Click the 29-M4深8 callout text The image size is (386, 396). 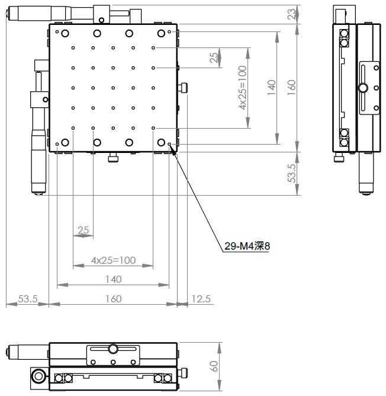click(247, 246)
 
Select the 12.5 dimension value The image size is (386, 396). click(201, 299)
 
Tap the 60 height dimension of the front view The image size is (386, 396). click(214, 366)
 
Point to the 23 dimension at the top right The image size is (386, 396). click(291, 14)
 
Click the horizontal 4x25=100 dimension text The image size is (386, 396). click(113, 260)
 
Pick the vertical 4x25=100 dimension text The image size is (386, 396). click(242, 88)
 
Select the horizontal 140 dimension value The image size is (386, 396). click(113, 279)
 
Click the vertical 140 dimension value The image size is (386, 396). click(272, 88)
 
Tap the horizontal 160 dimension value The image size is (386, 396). click(113, 299)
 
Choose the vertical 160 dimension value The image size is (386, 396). click(291, 88)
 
